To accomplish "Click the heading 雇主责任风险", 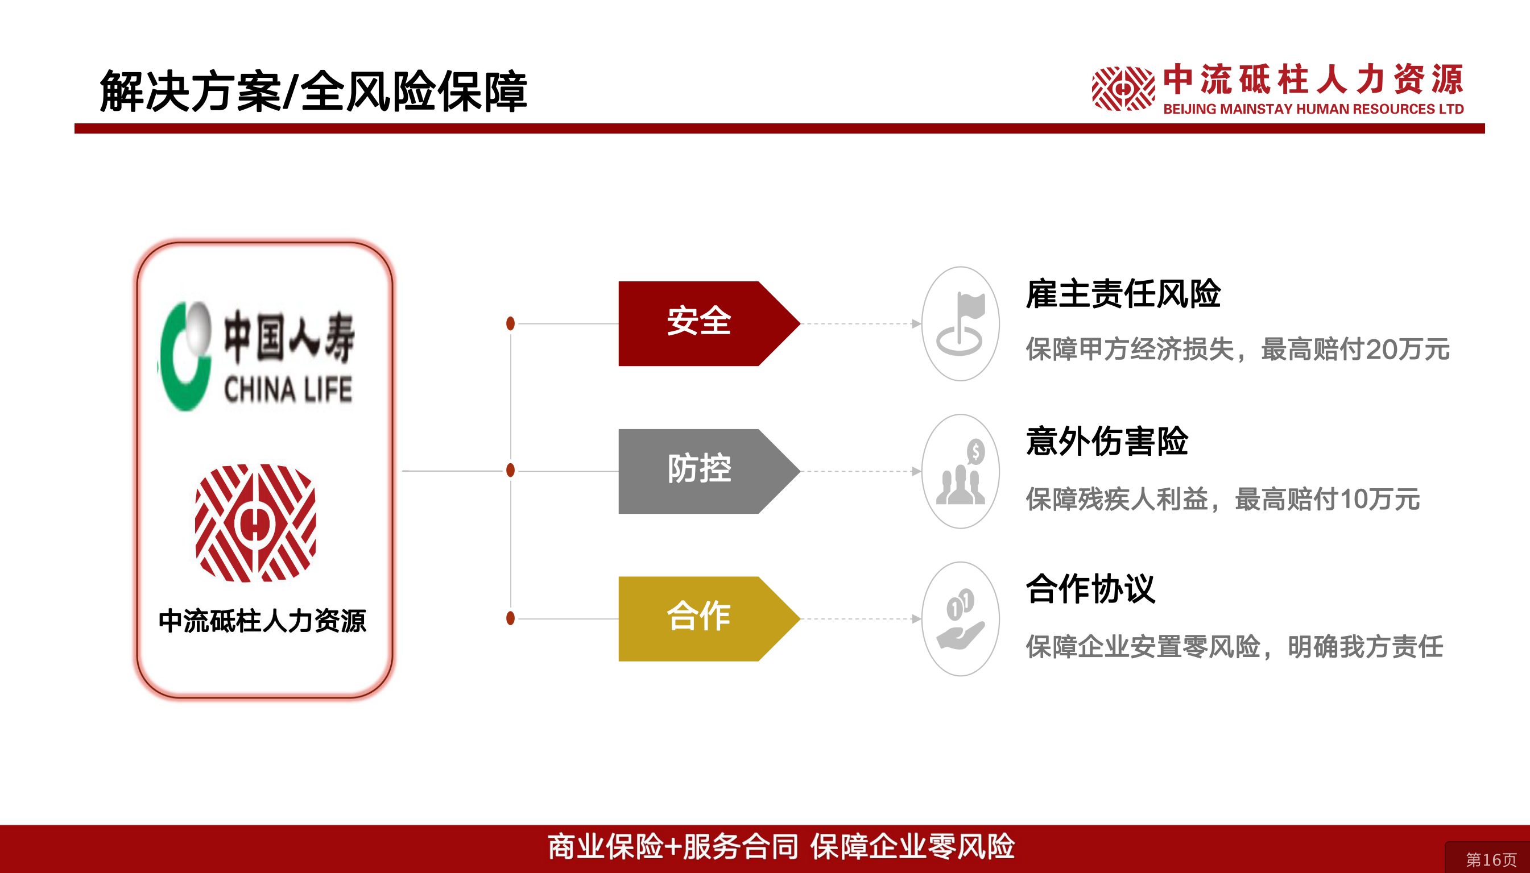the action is (x=1123, y=294).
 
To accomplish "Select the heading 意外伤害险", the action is (x=1107, y=441).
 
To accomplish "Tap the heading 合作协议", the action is (x=1090, y=589).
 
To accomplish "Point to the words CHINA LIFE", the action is (x=288, y=390).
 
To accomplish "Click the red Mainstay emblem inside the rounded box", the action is (x=255, y=523).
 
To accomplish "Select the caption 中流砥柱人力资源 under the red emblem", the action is (x=262, y=621).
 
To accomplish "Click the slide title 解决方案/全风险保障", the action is (x=313, y=91).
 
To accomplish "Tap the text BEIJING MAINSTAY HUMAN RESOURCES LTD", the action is (x=1313, y=109).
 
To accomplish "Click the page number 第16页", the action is (x=1491, y=860).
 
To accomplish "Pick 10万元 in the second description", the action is (x=1379, y=499).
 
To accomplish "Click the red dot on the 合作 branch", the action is (x=511, y=618).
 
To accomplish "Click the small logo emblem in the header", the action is (x=1123, y=89).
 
